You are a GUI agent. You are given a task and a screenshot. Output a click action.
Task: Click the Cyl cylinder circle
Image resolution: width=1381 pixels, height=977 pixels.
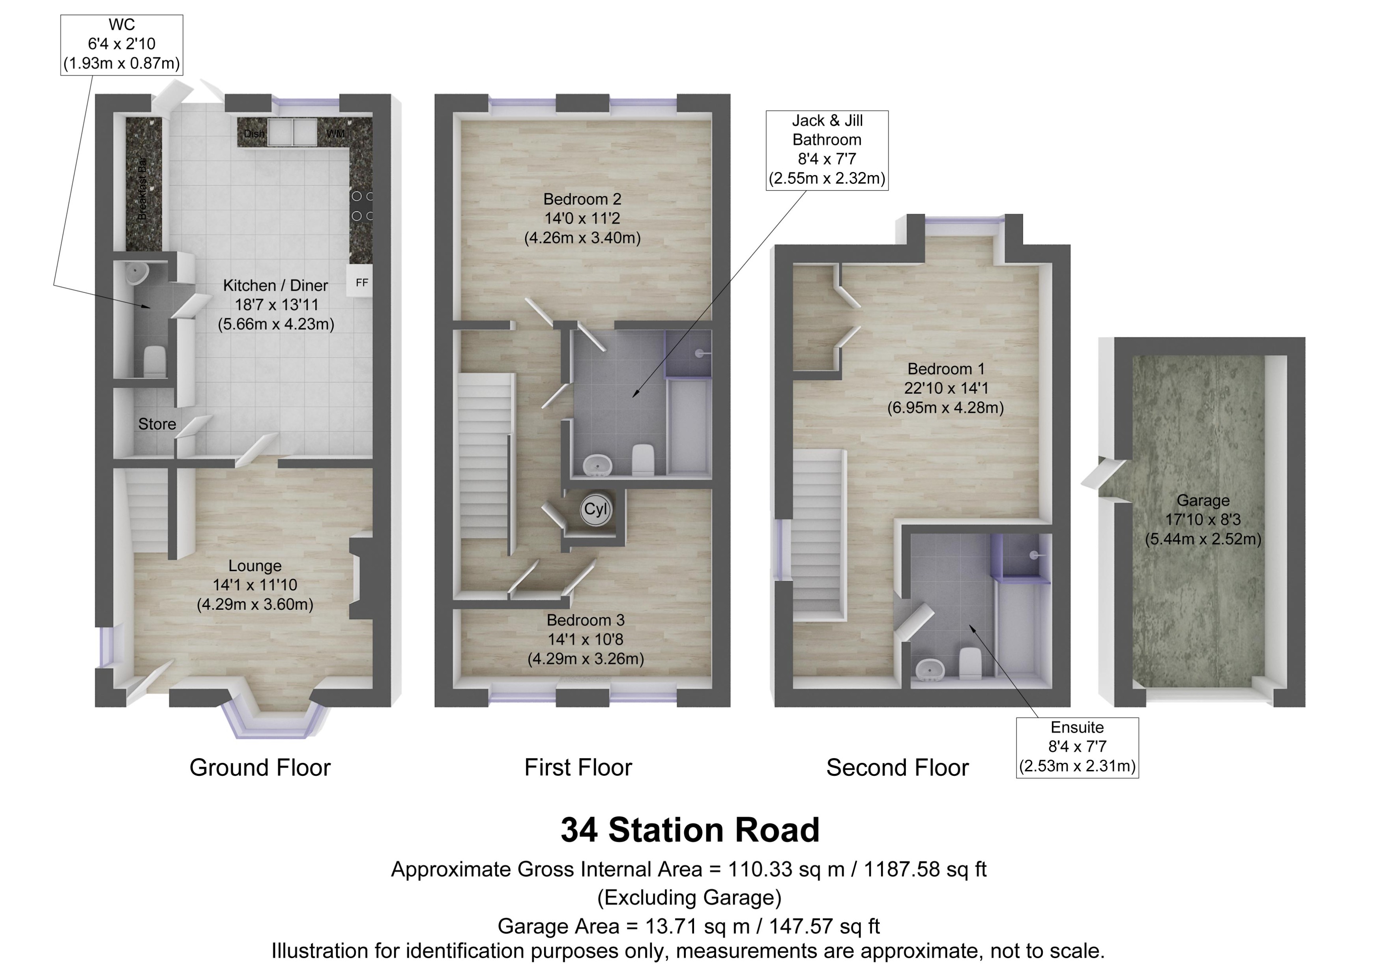596,510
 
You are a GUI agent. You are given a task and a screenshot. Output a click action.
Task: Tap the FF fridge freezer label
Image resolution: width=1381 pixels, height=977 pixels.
362,283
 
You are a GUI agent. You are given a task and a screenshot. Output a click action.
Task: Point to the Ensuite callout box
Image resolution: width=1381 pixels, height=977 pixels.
1077,747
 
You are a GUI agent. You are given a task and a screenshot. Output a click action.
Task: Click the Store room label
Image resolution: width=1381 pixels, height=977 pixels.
157,424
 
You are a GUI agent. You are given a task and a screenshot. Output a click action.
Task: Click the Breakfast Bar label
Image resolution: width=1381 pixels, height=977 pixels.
142,188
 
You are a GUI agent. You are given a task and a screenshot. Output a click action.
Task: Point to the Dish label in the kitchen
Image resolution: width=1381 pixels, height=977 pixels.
254,134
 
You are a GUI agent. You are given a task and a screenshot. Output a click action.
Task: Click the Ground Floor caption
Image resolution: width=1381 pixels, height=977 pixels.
260,768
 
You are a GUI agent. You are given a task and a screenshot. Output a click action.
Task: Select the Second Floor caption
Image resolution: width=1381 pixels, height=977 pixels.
897,768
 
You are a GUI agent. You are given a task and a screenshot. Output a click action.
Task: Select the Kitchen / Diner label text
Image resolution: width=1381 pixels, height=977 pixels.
275,285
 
